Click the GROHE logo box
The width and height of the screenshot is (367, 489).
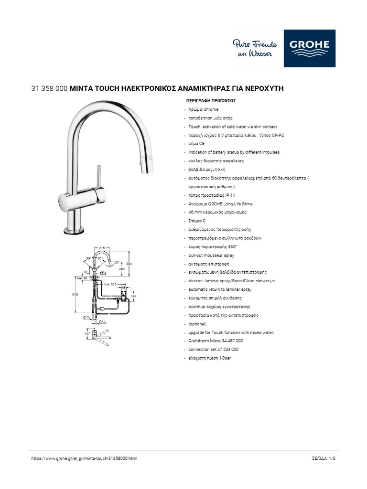coord(309,48)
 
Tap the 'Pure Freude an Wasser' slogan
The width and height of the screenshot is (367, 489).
coord(252,49)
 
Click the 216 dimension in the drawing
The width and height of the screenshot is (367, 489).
coord(101,248)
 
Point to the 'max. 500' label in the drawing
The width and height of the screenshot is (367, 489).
coord(110,284)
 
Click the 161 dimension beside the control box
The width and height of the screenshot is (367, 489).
coord(134,296)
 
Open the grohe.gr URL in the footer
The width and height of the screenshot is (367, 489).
coord(84,458)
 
